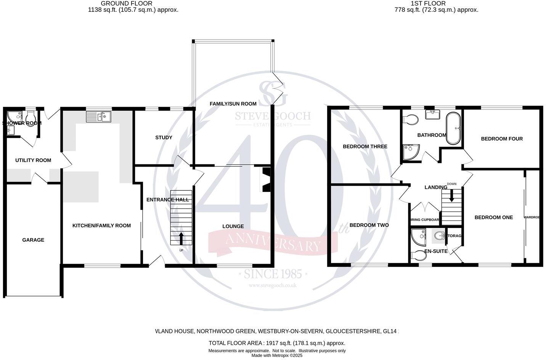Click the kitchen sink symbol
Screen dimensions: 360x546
[98, 116]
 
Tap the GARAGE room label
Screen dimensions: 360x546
[33, 240]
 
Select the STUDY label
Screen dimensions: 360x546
[164, 137]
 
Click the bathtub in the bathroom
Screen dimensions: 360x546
[453, 128]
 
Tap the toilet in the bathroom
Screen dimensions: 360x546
[410, 119]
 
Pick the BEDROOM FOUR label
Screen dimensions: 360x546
[502, 139]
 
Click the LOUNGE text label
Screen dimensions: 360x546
[233, 226]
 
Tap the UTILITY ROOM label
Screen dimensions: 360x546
[33, 160]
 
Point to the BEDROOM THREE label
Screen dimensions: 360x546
[365, 146]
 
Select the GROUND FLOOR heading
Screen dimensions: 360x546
[121, 3]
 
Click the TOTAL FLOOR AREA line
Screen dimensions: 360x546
[277, 343]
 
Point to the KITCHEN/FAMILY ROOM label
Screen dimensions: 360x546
[101, 225]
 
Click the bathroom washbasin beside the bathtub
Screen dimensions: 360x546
[435, 114]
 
